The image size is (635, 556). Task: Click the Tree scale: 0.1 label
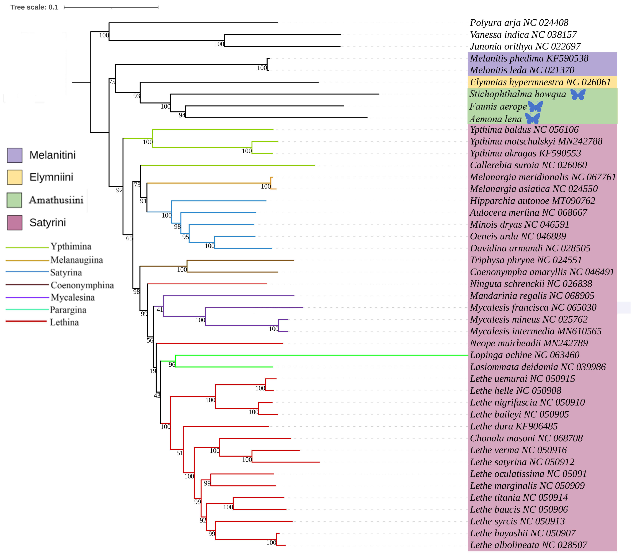click(x=34, y=7)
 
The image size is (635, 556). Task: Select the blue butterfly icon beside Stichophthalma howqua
click(x=578, y=94)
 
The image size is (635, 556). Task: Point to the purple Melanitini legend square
click(x=15, y=155)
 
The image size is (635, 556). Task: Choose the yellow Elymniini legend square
click(x=15, y=177)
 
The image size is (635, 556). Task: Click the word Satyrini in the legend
click(x=47, y=222)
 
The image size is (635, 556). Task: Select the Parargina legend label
click(x=68, y=310)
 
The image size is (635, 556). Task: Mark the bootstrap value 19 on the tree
click(x=153, y=371)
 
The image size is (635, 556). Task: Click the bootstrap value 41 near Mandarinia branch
click(x=159, y=309)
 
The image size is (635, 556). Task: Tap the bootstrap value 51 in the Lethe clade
click(x=180, y=453)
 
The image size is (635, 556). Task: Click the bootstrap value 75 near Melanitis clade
click(x=112, y=82)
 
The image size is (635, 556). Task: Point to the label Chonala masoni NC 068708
click(x=526, y=438)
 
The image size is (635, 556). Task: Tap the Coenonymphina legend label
click(x=82, y=285)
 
